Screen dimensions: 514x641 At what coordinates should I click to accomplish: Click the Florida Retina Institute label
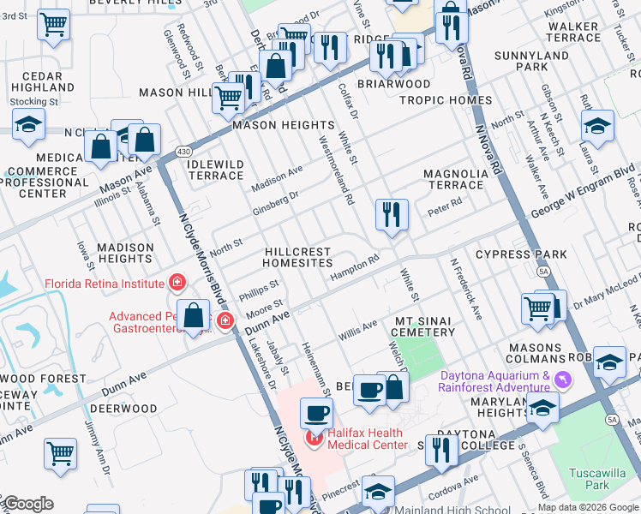104,283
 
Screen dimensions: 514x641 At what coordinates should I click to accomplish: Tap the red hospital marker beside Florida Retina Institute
177,282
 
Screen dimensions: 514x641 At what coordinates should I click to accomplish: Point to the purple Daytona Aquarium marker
562,379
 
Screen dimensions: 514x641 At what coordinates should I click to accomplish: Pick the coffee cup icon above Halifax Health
315,414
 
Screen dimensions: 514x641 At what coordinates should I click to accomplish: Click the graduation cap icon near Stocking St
28,125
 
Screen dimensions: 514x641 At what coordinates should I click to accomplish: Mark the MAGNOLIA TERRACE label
455,179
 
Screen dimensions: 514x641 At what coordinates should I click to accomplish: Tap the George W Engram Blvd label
586,194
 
